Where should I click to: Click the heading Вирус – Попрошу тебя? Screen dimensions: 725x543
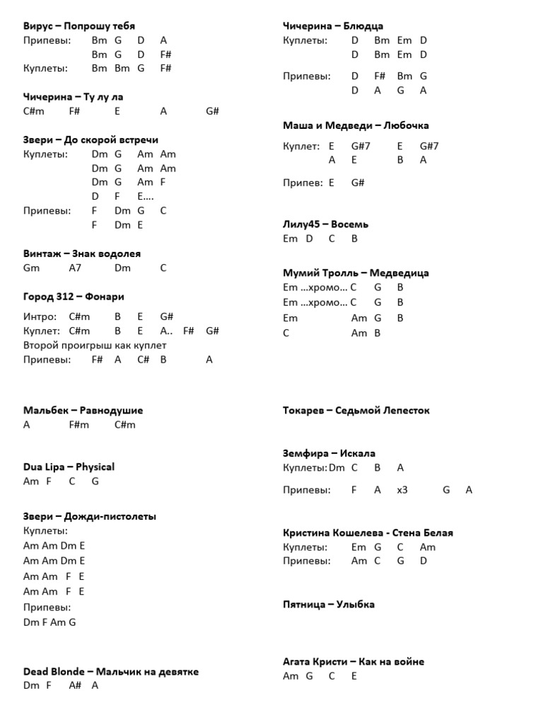point(78,26)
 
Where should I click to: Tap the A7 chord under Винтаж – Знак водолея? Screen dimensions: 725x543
point(76,268)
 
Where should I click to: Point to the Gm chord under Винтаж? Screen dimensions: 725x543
point(31,268)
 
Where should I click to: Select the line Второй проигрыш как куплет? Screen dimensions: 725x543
point(94,345)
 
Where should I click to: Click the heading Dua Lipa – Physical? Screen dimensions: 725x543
point(69,467)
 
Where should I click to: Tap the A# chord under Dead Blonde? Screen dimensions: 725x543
point(76,685)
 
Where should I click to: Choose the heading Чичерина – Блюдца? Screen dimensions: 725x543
point(333,26)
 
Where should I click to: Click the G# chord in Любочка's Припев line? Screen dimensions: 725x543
point(358,182)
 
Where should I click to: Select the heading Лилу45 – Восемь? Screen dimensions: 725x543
point(325,224)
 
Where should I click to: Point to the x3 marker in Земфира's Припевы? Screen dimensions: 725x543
point(402,489)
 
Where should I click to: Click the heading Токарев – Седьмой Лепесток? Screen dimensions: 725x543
point(356,410)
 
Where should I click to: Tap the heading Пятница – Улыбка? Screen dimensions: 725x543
point(329,605)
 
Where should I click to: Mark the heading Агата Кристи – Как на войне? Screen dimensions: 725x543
point(354,661)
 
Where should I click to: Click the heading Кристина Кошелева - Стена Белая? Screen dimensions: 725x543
point(368,532)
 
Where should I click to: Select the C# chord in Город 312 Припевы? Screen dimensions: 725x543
point(144,360)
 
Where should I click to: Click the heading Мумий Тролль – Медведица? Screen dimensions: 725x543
point(356,273)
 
